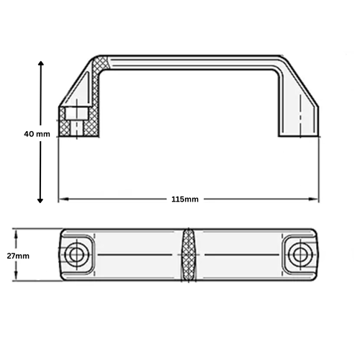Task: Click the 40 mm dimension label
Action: (x=35, y=134)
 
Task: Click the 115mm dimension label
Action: (x=186, y=199)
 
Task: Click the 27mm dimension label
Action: (x=18, y=256)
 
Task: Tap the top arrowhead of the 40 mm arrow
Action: (x=41, y=65)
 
